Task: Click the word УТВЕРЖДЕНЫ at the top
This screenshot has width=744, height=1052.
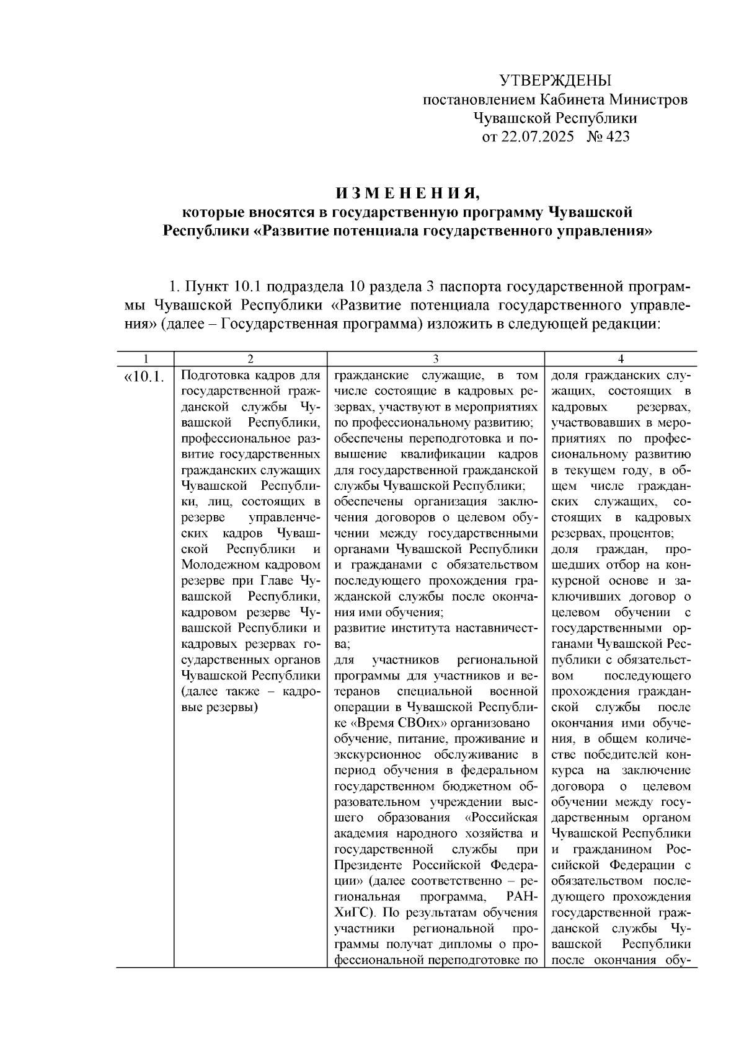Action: [555, 81]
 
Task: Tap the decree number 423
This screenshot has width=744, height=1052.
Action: [616, 136]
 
